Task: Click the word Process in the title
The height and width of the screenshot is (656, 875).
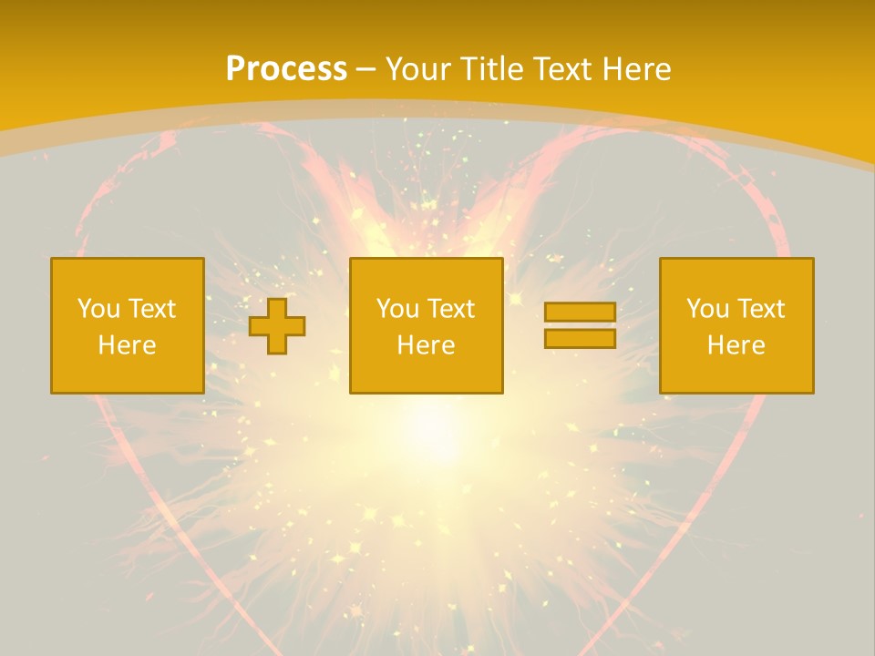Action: (x=286, y=69)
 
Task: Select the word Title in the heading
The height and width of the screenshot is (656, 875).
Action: (x=493, y=69)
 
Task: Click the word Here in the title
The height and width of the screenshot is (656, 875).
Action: (x=638, y=69)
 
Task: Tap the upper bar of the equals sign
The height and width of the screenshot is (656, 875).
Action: (x=580, y=313)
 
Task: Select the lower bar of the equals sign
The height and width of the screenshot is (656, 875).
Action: (x=580, y=338)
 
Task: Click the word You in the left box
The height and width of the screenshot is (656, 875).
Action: (x=98, y=309)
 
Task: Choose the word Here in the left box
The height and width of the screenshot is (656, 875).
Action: (x=127, y=345)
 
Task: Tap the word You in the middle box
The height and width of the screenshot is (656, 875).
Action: (x=396, y=309)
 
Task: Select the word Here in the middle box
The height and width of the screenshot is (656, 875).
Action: (x=426, y=345)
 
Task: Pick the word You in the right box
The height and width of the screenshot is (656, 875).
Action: (x=706, y=309)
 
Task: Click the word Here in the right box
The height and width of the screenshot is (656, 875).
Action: (x=736, y=345)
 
